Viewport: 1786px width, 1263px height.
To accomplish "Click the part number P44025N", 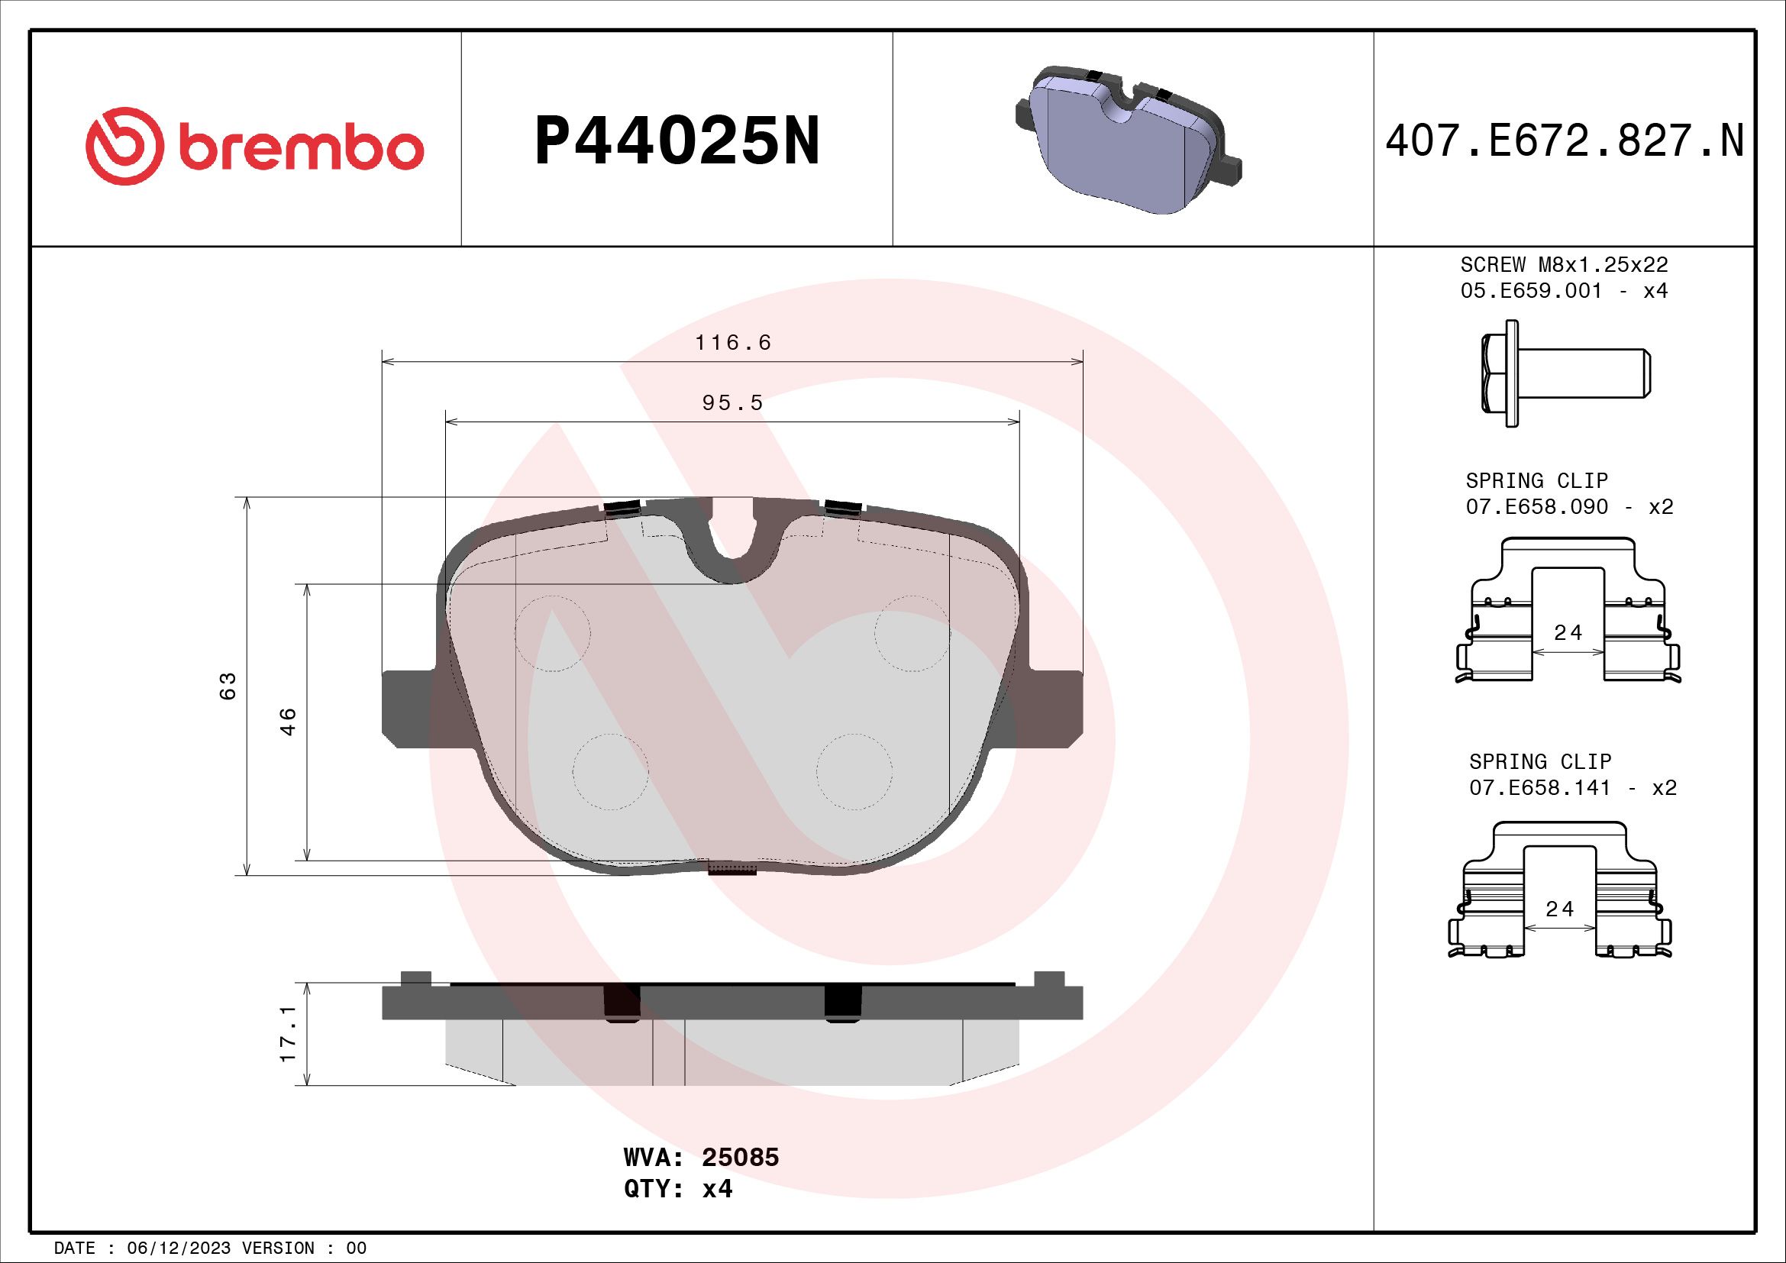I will click(677, 142).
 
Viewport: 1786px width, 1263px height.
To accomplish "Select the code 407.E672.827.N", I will click(1565, 142).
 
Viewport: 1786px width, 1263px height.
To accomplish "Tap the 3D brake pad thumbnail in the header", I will click(1128, 140).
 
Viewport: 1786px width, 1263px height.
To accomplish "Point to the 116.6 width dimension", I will click(733, 343).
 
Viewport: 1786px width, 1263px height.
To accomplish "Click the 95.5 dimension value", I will click(733, 404).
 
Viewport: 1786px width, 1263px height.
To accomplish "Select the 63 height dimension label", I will click(228, 686).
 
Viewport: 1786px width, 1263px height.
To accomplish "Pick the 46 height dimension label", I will click(289, 722).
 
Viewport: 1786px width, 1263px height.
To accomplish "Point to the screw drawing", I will click(1564, 373).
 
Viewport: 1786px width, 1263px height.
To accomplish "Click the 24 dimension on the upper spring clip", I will click(1568, 633).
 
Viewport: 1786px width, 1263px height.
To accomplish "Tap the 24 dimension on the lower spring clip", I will click(1559, 909).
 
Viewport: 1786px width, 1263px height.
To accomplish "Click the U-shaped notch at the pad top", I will click(732, 544).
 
